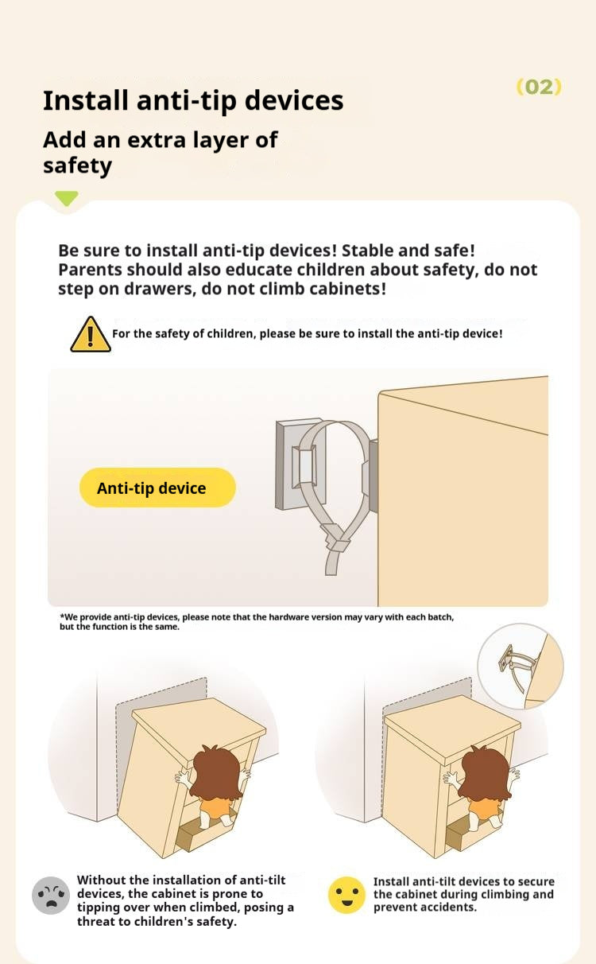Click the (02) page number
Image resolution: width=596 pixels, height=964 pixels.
click(x=539, y=87)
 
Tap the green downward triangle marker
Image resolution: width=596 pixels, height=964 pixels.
click(x=67, y=198)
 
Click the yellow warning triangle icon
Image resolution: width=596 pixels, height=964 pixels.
click(x=91, y=334)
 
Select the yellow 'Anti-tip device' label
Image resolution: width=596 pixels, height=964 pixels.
click(x=157, y=488)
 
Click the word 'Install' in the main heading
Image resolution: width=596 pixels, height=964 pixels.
click(x=86, y=101)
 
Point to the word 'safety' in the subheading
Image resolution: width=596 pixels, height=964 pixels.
click(x=77, y=165)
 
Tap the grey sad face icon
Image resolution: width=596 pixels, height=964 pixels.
click(x=51, y=895)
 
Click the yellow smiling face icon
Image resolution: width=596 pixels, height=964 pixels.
click(x=346, y=895)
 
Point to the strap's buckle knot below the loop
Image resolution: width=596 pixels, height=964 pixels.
click(x=336, y=542)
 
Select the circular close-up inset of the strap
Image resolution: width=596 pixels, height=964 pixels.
click(x=521, y=667)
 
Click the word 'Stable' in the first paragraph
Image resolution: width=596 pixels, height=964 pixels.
click(x=367, y=251)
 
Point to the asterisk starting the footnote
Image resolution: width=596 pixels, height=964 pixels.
click(x=62, y=616)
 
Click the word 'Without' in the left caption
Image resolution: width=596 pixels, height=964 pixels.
click(x=102, y=880)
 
